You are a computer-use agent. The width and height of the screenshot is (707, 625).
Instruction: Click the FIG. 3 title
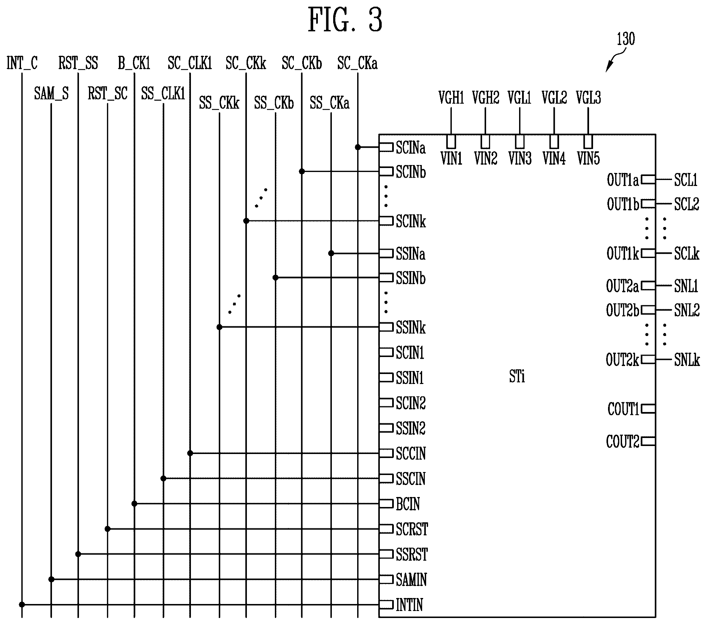tap(345, 20)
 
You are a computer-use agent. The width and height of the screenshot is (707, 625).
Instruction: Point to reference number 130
tap(626, 39)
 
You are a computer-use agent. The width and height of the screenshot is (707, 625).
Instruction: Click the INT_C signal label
tap(22, 63)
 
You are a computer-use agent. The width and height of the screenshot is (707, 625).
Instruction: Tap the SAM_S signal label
tap(51, 93)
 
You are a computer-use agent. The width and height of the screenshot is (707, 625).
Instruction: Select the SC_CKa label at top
tap(357, 63)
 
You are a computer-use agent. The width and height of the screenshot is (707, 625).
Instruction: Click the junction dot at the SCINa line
tap(358, 147)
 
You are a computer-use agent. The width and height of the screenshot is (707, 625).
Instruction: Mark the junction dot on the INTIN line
tap(22, 605)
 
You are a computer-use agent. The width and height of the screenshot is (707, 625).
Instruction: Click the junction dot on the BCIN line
tap(135, 504)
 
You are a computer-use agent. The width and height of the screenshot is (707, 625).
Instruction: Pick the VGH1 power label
tap(451, 98)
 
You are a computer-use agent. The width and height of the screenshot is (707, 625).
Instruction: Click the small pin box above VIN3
tap(519, 142)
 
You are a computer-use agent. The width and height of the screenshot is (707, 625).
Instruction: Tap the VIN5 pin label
tap(588, 158)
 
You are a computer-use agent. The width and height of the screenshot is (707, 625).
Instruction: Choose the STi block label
tap(517, 377)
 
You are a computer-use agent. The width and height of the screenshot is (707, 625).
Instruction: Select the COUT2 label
tap(623, 442)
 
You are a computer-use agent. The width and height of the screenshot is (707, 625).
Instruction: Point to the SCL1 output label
tap(686, 180)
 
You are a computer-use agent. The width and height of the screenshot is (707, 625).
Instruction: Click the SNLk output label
tap(687, 360)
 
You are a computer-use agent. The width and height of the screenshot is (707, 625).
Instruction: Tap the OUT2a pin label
tap(622, 286)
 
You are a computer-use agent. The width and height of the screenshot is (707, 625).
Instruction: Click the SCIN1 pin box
tap(386, 352)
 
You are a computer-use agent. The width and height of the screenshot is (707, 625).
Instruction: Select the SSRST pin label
tap(411, 554)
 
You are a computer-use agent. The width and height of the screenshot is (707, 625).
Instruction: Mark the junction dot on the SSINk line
tap(219, 327)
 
